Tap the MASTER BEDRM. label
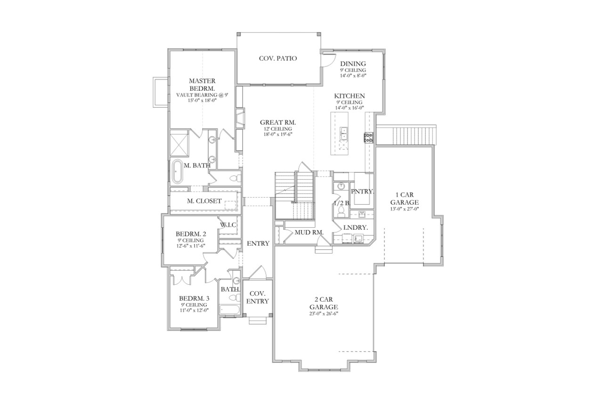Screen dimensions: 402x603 click(x=202, y=84)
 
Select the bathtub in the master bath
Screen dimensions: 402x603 click(x=177, y=172)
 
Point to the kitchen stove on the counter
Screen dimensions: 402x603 click(x=368, y=137)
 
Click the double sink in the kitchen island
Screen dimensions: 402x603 click(x=343, y=134)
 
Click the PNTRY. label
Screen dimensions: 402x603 click(x=362, y=192)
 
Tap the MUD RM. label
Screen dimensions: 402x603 click(x=308, y=233)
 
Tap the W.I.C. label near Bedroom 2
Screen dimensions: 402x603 click(x=228, y=225)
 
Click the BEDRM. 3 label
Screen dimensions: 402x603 click(x=194, y=298)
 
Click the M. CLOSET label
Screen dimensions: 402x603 click(x=204, y=201)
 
